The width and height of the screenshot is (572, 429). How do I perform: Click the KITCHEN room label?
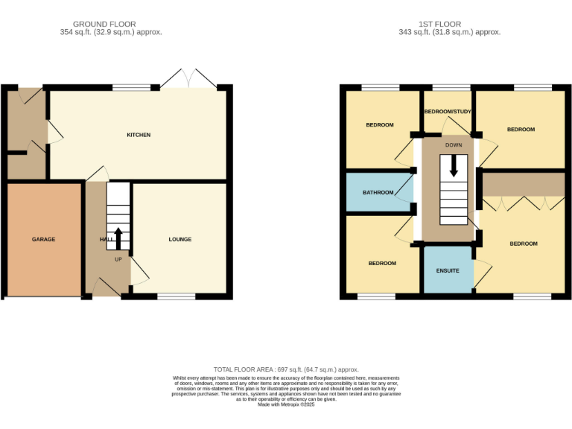[139, 135]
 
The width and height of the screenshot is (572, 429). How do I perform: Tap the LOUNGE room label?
[179, 239]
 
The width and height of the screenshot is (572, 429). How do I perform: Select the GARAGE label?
[43, 239]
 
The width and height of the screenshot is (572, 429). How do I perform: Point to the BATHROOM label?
[378, 193]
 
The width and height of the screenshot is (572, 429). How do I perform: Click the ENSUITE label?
[448, 270]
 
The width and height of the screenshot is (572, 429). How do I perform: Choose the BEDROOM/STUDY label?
[448, 112]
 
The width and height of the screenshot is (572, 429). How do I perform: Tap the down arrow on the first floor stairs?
[453, 168]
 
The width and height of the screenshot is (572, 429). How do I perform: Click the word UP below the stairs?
[118, 259]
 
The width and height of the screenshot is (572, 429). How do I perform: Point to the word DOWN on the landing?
[453, 145]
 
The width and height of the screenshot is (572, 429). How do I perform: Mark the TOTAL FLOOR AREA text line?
[286, 369]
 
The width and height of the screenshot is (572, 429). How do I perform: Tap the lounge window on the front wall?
[176, 296]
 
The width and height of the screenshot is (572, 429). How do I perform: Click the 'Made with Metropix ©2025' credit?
[286, 404]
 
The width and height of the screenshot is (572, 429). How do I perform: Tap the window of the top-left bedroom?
[381, 88]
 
